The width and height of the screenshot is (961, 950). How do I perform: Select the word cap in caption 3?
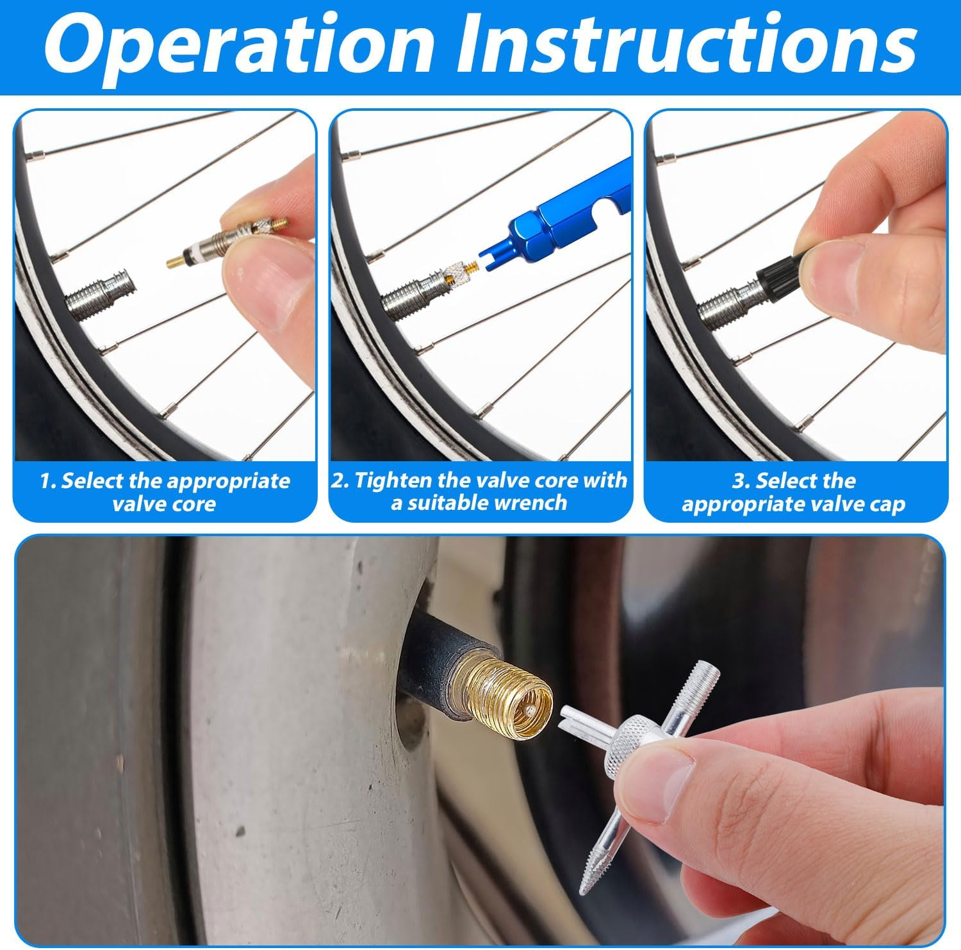(x=887, y=505)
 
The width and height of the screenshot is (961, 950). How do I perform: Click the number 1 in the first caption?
(x=45, y=481)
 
